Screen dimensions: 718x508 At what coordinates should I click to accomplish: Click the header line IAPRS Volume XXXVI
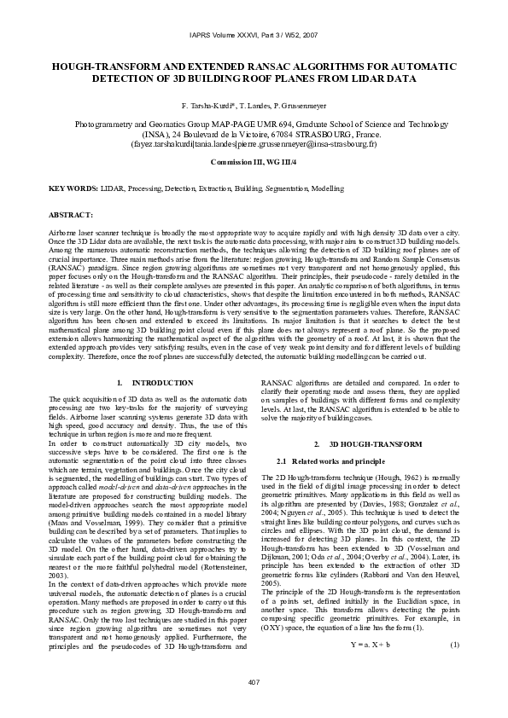click(254, 35)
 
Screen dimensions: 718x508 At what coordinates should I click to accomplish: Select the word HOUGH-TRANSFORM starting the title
click(93, 65)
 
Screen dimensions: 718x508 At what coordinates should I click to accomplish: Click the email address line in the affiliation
click(254, 146)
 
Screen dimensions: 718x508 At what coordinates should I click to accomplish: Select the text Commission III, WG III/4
click(254, 161)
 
